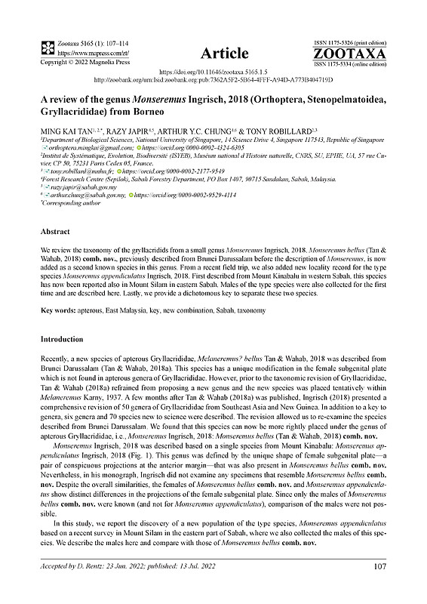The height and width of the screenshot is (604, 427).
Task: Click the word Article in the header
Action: pos(225,53)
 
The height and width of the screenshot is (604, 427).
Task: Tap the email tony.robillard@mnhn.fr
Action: pos(79,172)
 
